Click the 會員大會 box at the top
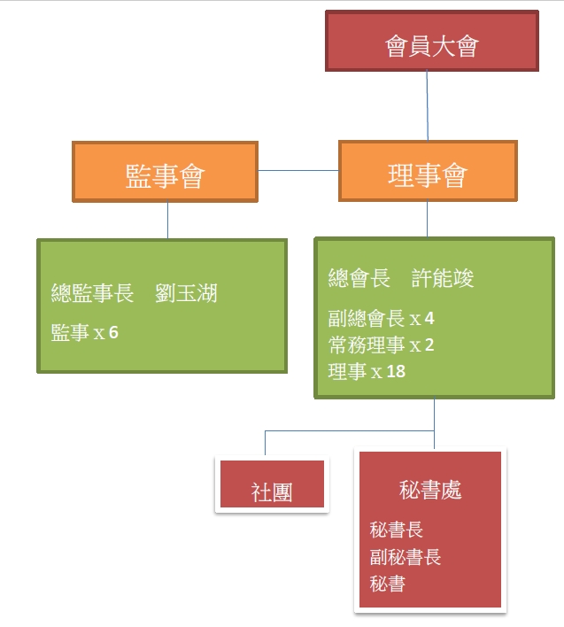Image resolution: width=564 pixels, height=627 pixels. coord(431,41)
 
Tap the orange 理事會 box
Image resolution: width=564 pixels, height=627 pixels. coord(428,171)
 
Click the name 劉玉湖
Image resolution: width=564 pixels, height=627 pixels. coord(186,294)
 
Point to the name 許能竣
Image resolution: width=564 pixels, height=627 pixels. coord(444,279)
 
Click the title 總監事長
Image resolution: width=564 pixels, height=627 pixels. coord(93,294)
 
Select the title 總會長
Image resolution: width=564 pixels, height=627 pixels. coord(359,279)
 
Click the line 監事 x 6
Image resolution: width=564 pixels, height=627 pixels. coord(85,333)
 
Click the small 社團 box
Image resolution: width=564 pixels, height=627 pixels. coord(272,492)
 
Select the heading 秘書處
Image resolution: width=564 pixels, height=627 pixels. coord(429,490)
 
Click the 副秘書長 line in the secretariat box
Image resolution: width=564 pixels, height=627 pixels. coord(406,557)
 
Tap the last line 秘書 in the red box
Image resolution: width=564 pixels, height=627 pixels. coord(388,584)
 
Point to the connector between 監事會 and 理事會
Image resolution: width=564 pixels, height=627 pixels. coord(298,170)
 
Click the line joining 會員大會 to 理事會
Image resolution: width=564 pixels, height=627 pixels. coord(428,104)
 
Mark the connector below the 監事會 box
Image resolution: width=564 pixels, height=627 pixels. coord(168,220)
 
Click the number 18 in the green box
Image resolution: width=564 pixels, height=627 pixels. coord(396,371)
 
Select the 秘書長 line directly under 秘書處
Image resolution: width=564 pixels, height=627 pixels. coord(397,530)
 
